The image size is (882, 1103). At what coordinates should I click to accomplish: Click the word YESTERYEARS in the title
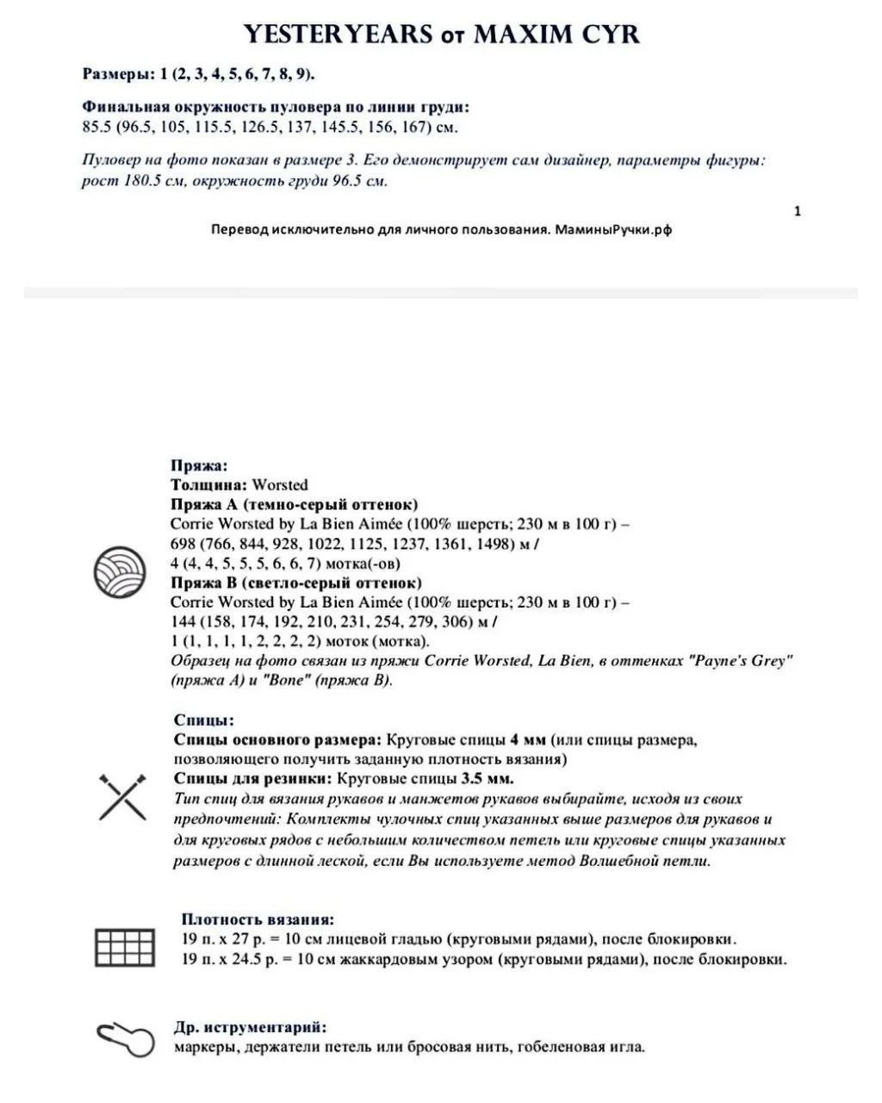point(338,34)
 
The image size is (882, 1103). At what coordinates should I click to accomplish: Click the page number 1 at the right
point(798,211)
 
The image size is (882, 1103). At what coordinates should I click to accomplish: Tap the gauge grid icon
point(124,947)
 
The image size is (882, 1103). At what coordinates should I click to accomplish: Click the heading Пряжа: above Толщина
point(199,466)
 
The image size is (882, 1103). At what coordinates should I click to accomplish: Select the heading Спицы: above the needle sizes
point(203,720)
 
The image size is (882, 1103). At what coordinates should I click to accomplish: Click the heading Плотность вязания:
point(258,919)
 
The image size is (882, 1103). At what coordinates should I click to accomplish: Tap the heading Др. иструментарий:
point(250,1028)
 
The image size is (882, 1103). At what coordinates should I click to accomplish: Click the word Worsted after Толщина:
point(279,485)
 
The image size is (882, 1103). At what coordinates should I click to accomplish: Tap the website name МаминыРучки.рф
point(613,230)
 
